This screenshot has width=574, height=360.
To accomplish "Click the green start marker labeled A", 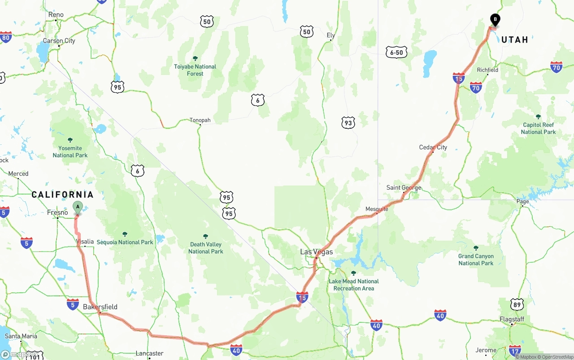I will coord(78,208).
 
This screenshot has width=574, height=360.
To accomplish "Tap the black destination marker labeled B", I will coord(495,20).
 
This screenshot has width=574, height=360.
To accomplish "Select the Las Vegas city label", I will coord(316,252).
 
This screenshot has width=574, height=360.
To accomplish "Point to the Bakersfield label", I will coord(100,307).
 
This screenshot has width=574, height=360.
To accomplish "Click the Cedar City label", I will coord(433,147).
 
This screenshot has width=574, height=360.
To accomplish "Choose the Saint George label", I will coord(404,187).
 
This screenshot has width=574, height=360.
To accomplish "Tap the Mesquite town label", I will coord(377,209).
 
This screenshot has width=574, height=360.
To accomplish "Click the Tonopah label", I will coord(200,120).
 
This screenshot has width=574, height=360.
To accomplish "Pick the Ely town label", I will coord(331,35).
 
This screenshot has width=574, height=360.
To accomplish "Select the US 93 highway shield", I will coord(348,122).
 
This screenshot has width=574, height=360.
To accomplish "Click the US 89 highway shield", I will coord(517,304).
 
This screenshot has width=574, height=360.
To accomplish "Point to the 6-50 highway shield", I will coord(396,52).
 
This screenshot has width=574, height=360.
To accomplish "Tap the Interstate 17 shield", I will coord(515,350).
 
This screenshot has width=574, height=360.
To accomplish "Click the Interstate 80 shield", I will coord(5,37).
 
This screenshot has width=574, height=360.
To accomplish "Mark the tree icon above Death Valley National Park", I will coord(205,236).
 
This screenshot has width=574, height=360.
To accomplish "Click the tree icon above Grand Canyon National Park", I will coord(476,248).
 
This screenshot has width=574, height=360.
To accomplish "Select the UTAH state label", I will coord(515,40).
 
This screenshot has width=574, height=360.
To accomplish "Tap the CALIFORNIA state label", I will coord(62,195).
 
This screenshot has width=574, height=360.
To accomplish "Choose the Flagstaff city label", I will coord(512,319).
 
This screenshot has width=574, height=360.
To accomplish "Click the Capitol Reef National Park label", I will coord(538,128).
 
